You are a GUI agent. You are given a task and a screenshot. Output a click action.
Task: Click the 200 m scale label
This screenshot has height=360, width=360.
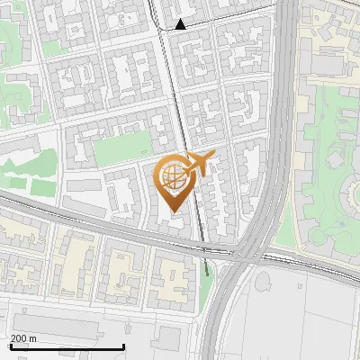(24, 338)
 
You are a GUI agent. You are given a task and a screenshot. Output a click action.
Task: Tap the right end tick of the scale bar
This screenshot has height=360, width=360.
(123, 346)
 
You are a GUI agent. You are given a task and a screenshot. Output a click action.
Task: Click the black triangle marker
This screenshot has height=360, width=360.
(182, 24)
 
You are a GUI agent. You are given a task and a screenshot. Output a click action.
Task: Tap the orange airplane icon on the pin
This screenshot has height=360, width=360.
(197, 165)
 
